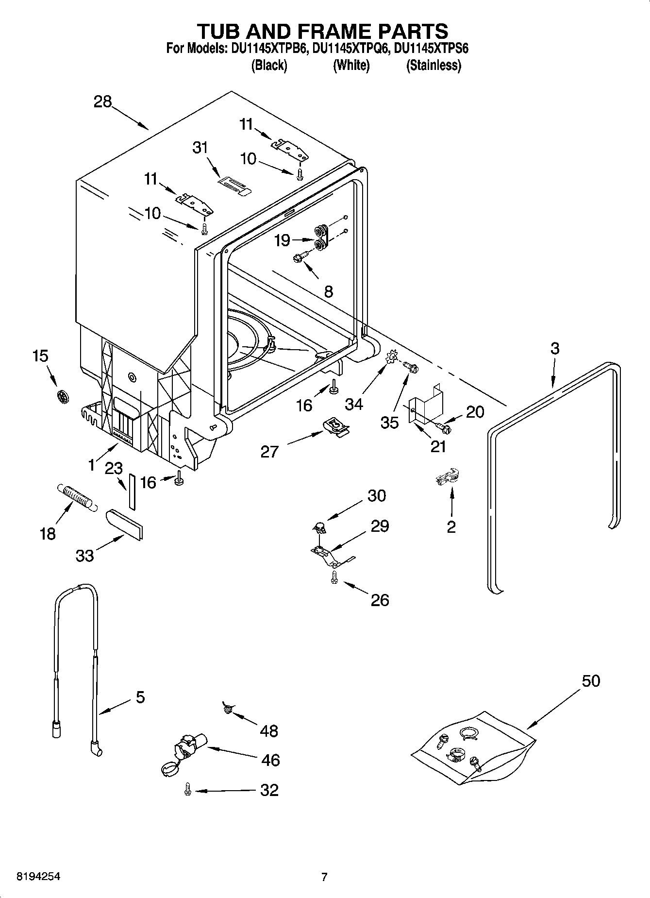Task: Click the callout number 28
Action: pos(102,102)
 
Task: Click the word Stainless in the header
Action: pos(433,66)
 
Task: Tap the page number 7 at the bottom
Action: pos(324,877)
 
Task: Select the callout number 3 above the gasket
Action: pos(555,348)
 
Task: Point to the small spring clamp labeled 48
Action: pos(227,709)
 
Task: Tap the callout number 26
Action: pos(380,600)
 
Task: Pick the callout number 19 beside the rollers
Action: pos(283,240)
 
